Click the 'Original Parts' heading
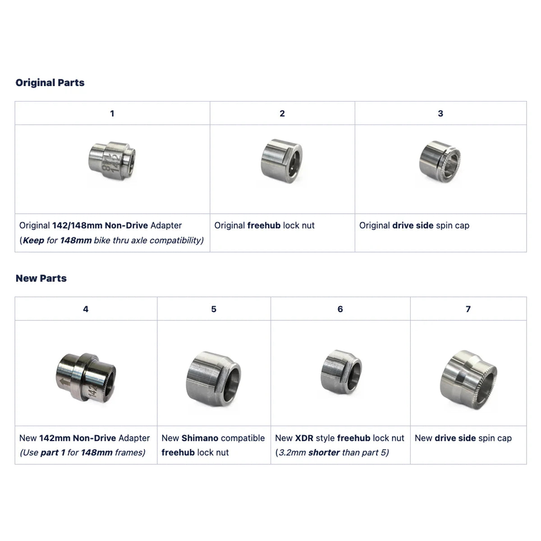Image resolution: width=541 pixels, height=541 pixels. pos(50,83)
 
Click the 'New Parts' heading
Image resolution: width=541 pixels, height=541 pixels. pos(41,278)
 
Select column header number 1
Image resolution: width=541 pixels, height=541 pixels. pos(112,113)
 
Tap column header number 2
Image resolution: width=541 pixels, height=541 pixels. pos(282,113)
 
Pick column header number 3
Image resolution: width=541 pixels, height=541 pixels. pos(440,113)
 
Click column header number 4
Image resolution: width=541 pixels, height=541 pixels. pos(86,309)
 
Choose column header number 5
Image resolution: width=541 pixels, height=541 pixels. pos(214,309)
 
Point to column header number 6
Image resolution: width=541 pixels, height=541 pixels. pos(340,309)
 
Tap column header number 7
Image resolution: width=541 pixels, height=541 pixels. pos(468,309)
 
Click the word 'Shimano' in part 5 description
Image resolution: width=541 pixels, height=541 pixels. pos(200,438)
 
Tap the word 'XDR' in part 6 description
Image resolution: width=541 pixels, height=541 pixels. pos(304,438)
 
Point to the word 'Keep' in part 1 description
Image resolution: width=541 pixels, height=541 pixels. pos(33,240)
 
